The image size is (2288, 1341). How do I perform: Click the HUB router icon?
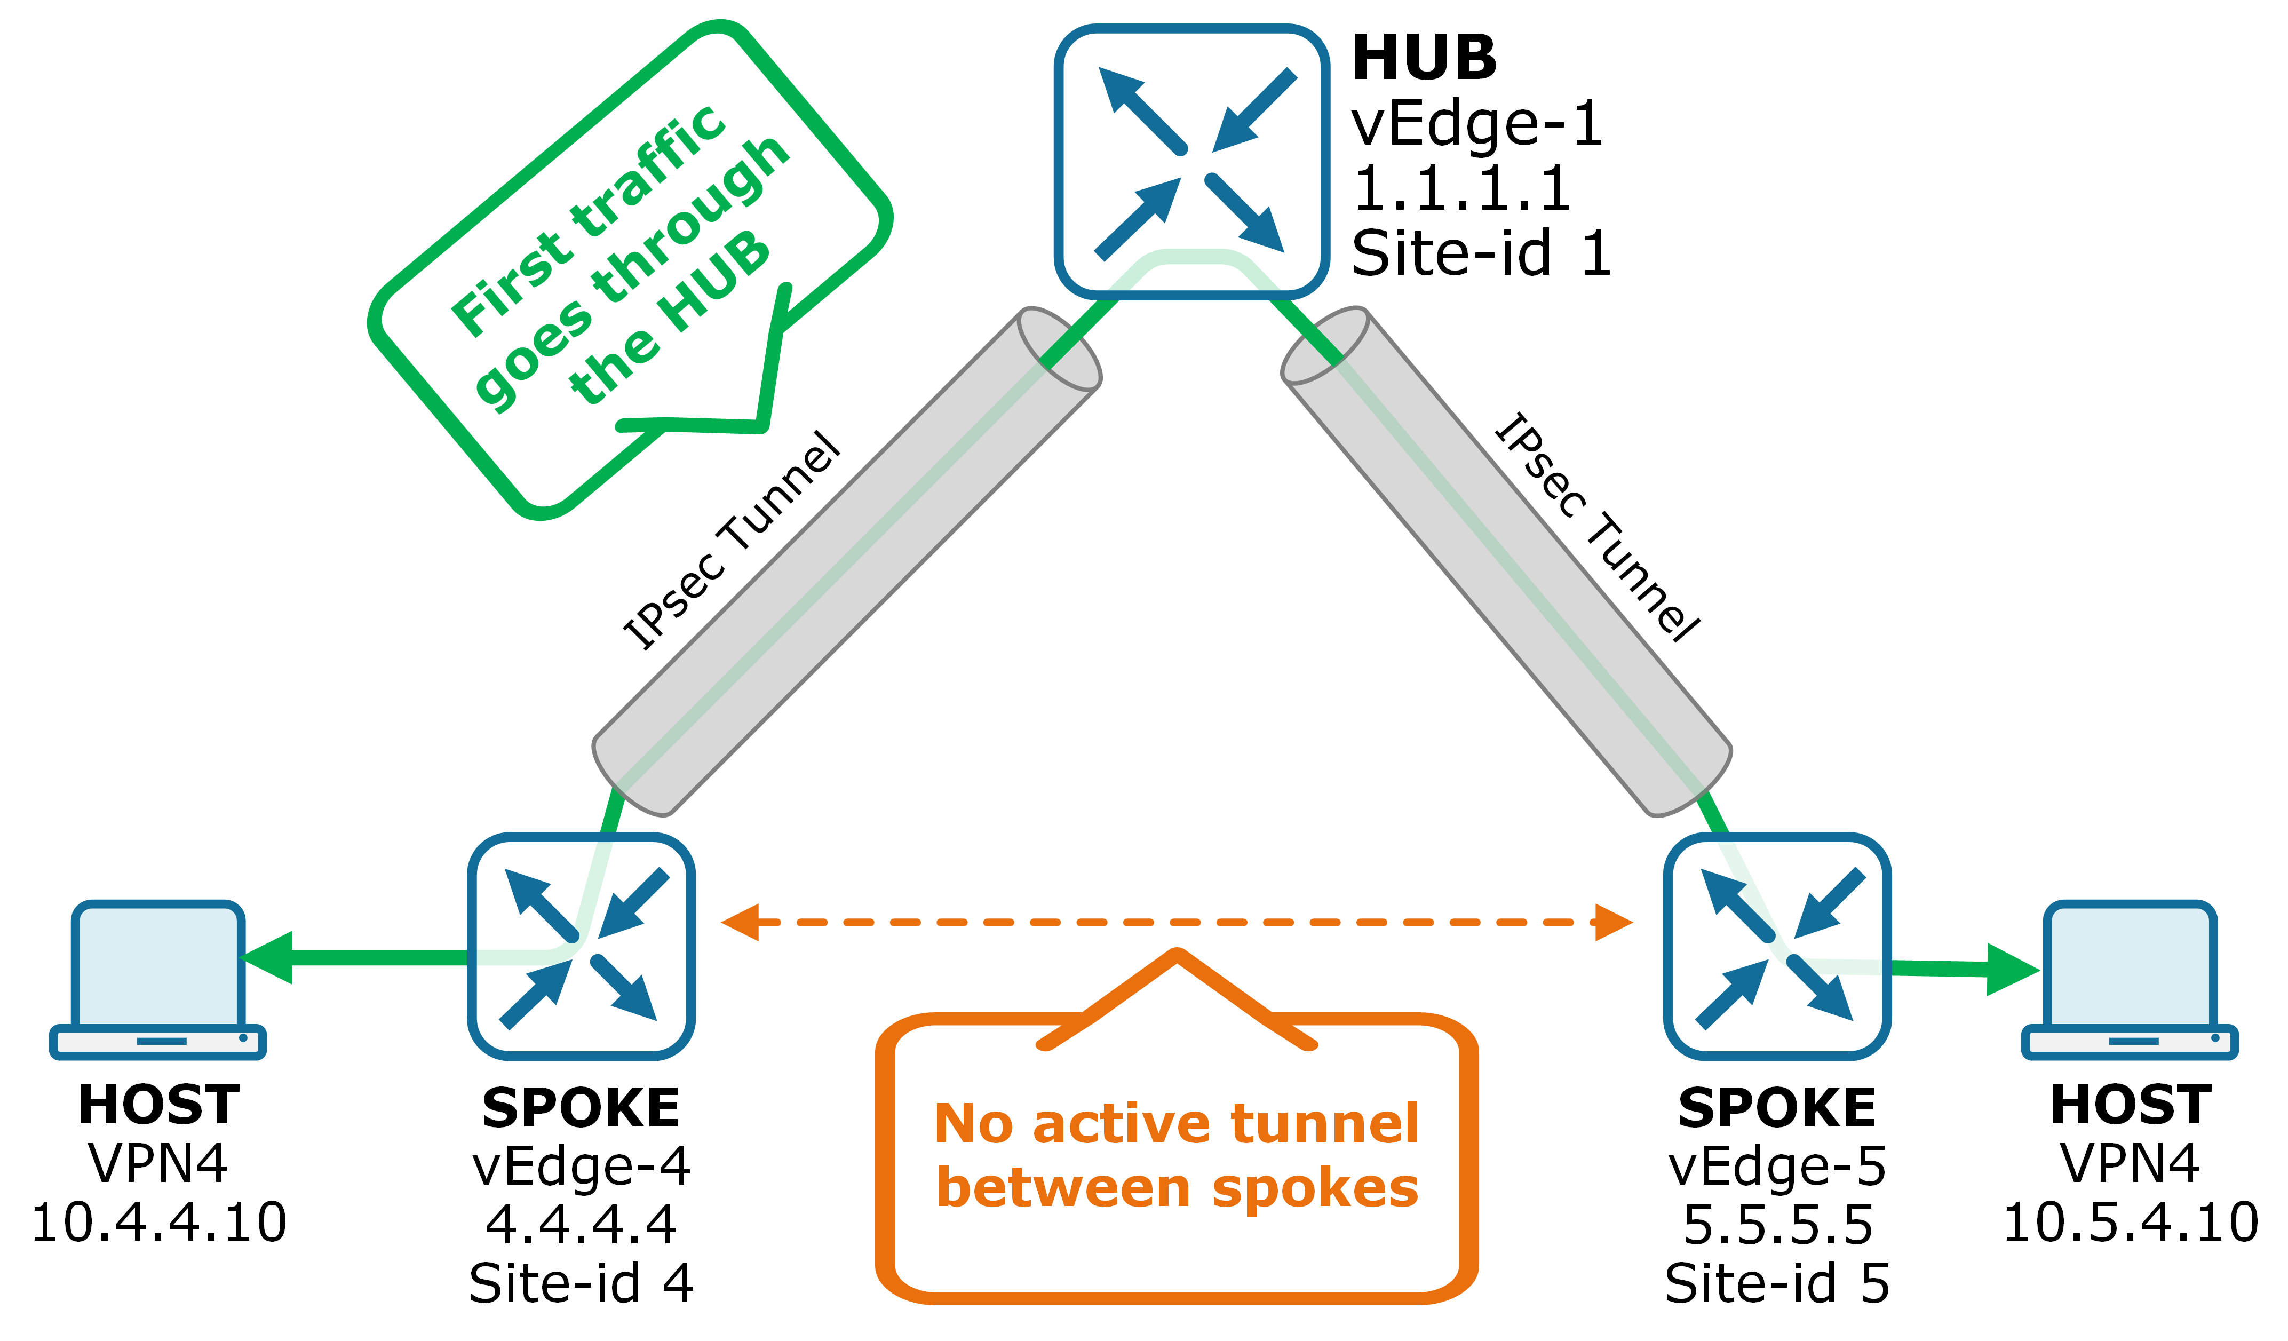pyautogui.click(x=1190, y=162)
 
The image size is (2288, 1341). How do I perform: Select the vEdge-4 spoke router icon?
pyautogui.click(x=581, y=946)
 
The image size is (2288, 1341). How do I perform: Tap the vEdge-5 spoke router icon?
pyautogui.click(x=1777, y=946)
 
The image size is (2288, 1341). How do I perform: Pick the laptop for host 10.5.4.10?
pyautogui.click(x=2129, y=981)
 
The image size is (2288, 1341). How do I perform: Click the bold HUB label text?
pyautogui.click(x=1424, y=59)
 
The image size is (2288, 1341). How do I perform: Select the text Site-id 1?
pyautogui.click(x=1480, y=254)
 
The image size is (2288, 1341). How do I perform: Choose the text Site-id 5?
pyautogui.click(x=1777, y=1284)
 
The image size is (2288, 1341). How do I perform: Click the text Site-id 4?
pyautogui.click(x=581, y=1284)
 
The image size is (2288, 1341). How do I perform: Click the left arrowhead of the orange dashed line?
pyautogui.click(x=741, y=923)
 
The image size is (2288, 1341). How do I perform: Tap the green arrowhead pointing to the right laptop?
pyautogui.click(x=2011, y=970)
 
